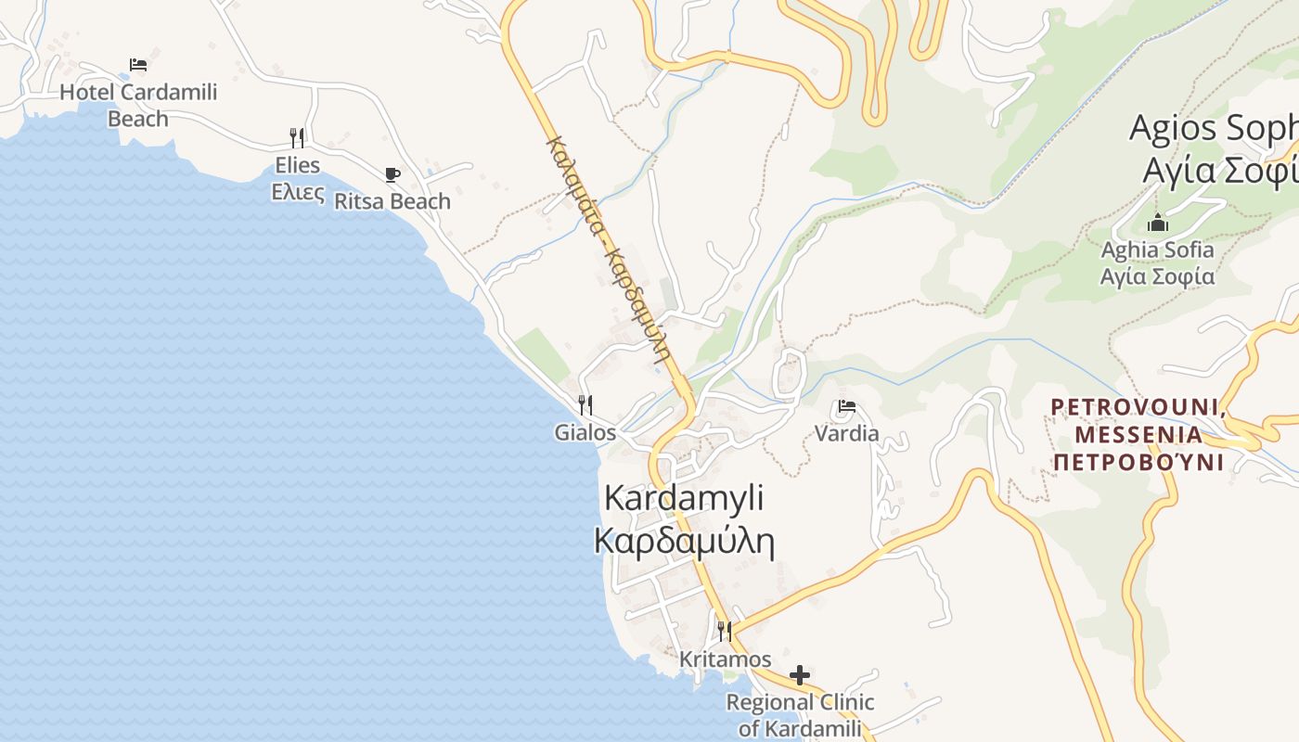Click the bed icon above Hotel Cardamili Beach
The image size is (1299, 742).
138,65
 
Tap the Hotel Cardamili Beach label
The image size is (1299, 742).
138,105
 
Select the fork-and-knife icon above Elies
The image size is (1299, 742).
297,138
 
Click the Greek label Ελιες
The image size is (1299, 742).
297,193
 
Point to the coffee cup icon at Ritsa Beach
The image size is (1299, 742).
392,174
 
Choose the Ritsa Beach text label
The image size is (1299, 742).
392,201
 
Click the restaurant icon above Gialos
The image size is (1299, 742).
585,405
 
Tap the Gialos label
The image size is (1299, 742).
585,432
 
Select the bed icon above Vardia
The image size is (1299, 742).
846,406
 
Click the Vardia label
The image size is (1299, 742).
846,433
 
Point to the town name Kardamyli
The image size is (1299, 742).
684,497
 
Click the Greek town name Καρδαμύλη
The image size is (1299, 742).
684,541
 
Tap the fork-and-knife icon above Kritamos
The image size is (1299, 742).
725,632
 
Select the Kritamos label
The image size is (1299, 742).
725,659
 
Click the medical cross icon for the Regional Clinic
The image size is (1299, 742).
800,674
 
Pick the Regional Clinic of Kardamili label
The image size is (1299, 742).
800,715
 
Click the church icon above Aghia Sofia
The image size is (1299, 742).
1158,223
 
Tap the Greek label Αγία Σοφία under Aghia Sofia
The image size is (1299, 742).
1157,276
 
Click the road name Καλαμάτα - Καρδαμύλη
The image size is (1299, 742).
610,249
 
